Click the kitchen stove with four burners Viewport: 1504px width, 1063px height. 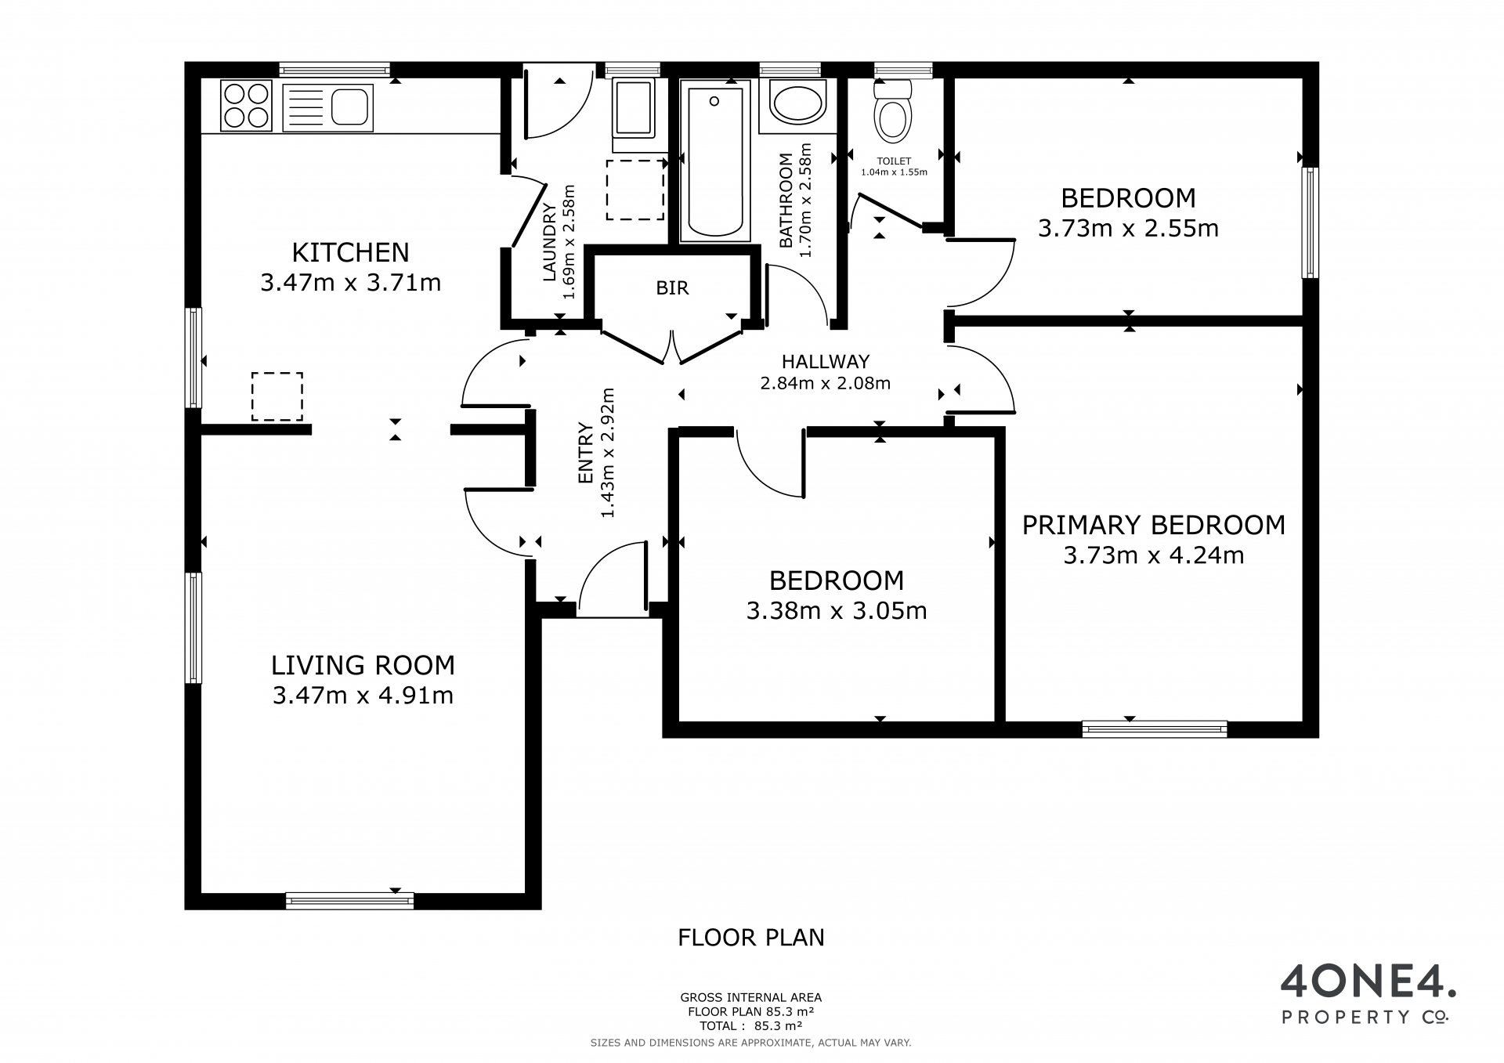tap(246, 106)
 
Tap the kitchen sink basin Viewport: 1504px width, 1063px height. tap(349, 107)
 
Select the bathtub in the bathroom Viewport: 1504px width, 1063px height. tap(714, 161)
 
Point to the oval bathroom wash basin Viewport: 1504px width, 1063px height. tap(797, 103)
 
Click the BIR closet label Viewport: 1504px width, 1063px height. tap(672, 288)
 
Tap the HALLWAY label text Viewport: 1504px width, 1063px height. tap(826, 362)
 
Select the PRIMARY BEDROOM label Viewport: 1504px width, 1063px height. tap(1154, 525)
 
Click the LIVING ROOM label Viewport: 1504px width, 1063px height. tap(363, 665)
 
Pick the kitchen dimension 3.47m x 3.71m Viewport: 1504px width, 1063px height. tap(351, 283)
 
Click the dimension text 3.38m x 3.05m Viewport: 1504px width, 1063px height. tap(837, 611)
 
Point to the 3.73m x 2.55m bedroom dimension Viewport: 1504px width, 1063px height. tap(1128, 229)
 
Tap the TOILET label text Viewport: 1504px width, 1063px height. tap(894, 161)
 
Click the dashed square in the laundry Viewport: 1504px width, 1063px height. tap(634, 190)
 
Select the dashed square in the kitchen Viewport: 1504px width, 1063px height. tap(277, 396)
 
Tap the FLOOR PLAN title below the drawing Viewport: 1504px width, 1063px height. tap(751, 938)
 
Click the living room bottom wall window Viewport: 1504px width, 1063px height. tap(349, 901)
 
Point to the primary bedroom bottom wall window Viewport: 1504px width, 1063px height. tap(1154, 729)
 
